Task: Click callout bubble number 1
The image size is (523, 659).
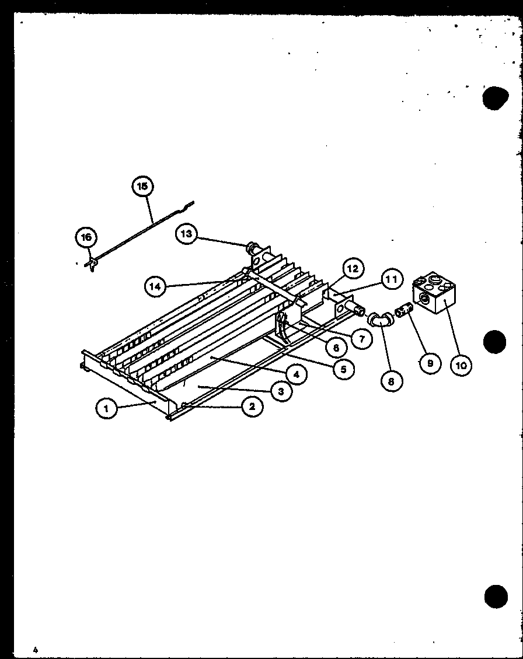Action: (x=106, y=409)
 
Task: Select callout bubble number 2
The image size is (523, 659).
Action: (x=252, y=406)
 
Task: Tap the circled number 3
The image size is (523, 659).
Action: (x=281, y=391)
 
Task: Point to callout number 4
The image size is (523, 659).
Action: (x=297, y=374)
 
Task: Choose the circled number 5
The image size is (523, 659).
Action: (x=344, y=369)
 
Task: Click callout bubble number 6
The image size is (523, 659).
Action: (x=335, y=348)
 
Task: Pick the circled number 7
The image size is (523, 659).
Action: (x=362, y=338)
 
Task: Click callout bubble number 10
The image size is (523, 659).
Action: (x=461, y=365)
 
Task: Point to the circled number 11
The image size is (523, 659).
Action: (x=392, y=280)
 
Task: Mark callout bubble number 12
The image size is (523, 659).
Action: (x=353, y=269)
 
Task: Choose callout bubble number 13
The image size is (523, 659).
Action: (x=186, y=234)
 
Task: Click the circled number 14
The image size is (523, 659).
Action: (x=155, y=286)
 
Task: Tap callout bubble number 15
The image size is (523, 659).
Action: (x=142, y=187)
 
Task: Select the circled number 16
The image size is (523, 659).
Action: (x=86, y=237)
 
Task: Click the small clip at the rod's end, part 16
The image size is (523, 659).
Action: (x=91, y=264)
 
